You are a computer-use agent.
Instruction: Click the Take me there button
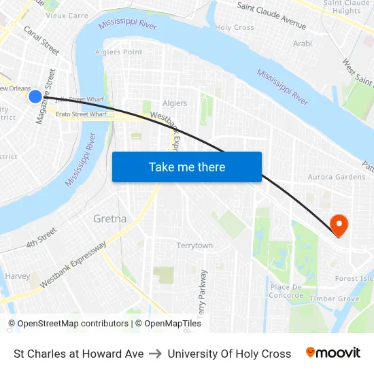[x=187, y=167]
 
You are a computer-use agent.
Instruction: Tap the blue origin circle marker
[x=35, y=97]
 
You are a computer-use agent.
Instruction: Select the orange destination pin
[x=338, y=224]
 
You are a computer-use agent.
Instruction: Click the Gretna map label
[x=109, y=219]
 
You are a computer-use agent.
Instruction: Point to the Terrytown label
[x=194, y=245]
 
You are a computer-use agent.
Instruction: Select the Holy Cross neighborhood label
[x=235, y=28]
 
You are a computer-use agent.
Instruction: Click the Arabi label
[x=302, y=44]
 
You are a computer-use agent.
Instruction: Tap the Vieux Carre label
[x=67, y=15]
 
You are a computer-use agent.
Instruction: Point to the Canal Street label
[x=41, y=40]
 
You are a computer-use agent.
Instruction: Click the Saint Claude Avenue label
[x=271, y=14]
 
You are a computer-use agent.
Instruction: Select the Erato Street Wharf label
[x=82, y=114]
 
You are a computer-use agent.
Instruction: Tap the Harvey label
[x=17, y=276]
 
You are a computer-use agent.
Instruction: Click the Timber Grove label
[x=334, y=299]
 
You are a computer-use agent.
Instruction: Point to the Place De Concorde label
[x=286, y=291]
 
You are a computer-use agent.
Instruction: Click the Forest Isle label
[x=354, y=278]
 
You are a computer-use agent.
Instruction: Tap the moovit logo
[x=333, y=353]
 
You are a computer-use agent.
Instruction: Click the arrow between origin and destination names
[x=156, y=354]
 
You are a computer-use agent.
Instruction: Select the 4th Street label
[x=41, y=239]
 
